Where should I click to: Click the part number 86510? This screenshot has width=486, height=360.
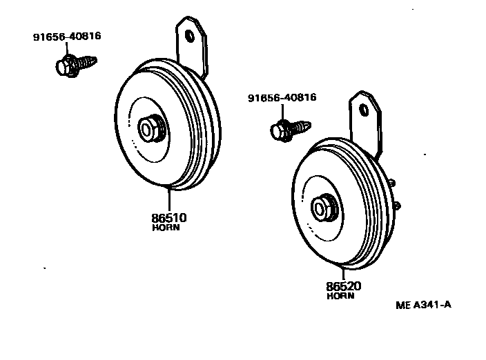[x=169, y=217]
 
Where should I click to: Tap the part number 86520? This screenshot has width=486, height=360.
[x=342, y=286]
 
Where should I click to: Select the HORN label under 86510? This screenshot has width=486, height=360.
[x=166, y=228]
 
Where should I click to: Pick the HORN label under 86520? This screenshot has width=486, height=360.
[x=340, y=296]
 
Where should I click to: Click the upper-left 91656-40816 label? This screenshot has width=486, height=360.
[x=67, y=37]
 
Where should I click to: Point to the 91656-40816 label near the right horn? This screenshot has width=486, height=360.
[x=282, y=98]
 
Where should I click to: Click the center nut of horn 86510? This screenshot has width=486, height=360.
[x=149, y=128]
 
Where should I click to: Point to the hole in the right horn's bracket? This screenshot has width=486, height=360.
[x=364, y=108]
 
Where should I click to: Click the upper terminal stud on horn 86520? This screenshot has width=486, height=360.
[x=392, y=183]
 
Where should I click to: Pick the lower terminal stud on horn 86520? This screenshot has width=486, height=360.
[x=398, y=205]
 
